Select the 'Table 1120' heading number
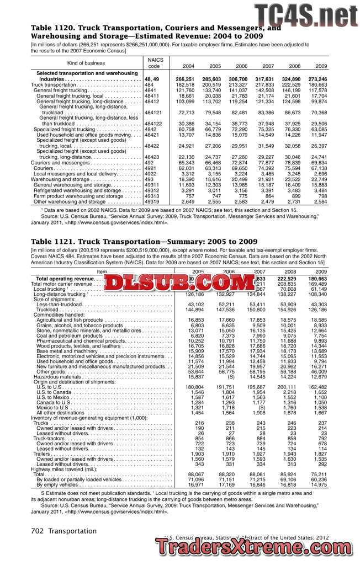tap(51, 28)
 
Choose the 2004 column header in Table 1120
tap(188, 66)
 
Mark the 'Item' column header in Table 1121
tap(102, 272)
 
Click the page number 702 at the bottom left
tap(38, 531)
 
